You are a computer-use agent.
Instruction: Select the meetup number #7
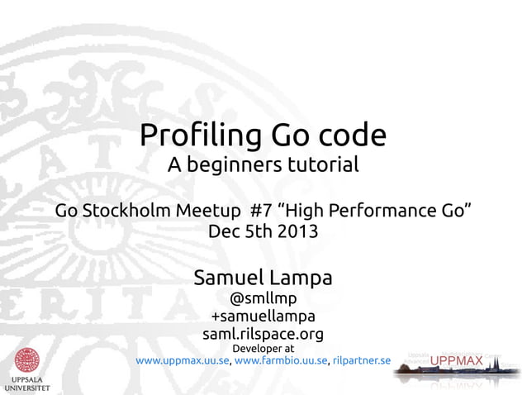263,210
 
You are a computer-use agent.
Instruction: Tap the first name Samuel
226,277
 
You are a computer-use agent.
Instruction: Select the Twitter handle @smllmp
263,298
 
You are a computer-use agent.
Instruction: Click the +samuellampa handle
263,316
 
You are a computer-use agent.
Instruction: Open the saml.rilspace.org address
263,334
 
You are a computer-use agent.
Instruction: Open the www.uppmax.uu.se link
182,360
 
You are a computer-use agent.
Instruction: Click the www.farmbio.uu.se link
281,360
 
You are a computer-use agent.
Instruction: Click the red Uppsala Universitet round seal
26,360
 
